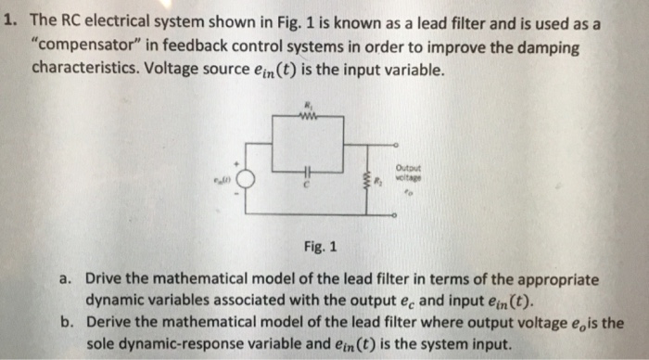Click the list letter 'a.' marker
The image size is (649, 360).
point(65,279)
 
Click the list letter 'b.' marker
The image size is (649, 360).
point(65,323)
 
